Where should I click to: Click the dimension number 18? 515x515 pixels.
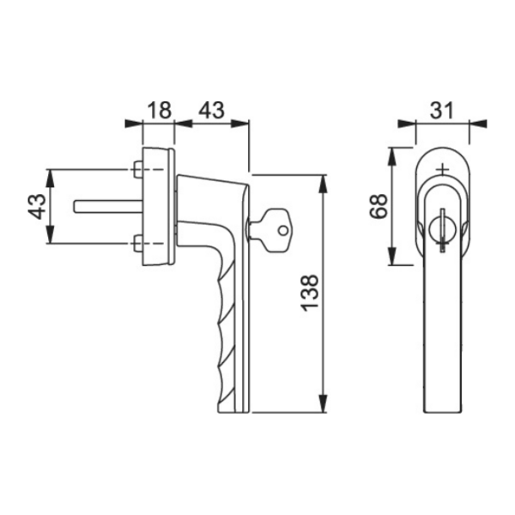[x=160, y=110]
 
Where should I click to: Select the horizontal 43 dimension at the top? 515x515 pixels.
[x=212, y=110]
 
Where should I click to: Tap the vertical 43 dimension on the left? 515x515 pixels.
[x=37, y=206]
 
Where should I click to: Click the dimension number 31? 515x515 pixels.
[x=442, y=110]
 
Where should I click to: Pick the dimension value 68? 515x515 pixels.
[x=378, y=206]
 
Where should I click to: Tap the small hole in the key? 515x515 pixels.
[x=282, y=231]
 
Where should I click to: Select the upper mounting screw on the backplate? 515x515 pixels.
[x=137, y=169]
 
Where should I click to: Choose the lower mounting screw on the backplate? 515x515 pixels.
[x=137, y=244]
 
